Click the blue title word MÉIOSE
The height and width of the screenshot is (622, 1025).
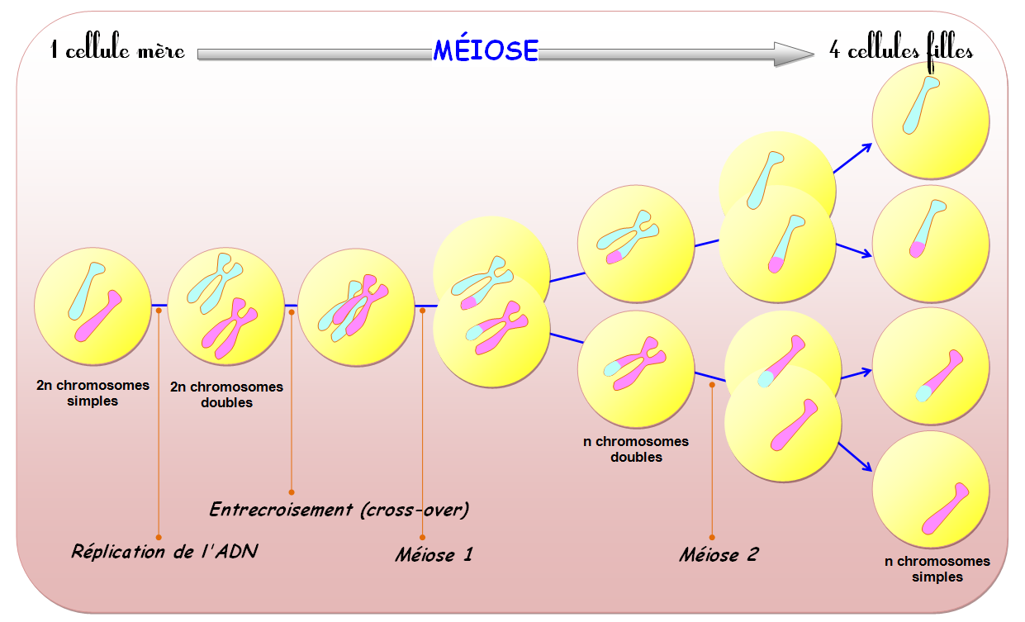(x=486, y=51)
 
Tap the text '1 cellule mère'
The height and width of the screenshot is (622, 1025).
(x=118, y=51)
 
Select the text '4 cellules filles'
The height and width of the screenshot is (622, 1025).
(x=901, y=51)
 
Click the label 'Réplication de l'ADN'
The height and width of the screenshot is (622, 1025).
(x=164, y=551)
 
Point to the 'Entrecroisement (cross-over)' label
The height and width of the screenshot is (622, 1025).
(x=339, y=509)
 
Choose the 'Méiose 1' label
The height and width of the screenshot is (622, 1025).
(x=434, y=553)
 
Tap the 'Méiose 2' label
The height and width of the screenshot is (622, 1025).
(x=719, y=554)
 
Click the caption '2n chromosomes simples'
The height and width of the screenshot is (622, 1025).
(x=93, y=393)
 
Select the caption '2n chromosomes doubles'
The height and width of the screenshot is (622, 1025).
(x=226, y=394)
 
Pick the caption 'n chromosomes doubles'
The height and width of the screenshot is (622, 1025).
(x=636, y=449)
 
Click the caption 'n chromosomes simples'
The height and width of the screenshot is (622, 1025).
(x=937, y=569)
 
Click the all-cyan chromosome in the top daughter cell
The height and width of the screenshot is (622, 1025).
(x=919, y=105)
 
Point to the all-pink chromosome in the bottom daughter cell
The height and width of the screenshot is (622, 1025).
(x=944, y=509)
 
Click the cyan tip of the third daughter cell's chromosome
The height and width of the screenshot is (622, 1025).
(x=923, y=393)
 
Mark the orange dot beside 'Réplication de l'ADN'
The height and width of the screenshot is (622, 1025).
(x=159, y=537)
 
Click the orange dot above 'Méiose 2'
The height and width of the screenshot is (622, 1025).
(x=712, y=384)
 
